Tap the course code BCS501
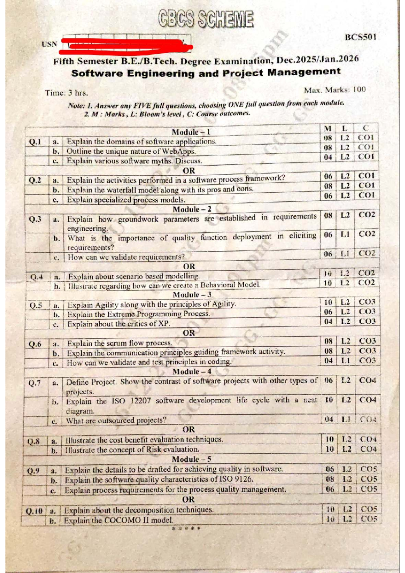coord(360,37)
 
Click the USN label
coord(50,44)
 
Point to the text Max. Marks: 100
coord(334,90)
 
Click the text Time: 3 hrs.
coord(66,93)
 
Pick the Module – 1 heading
coord(191,132)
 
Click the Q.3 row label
coord(35,219)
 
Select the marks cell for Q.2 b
coord(328,186)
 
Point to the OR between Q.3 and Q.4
coord(189,266)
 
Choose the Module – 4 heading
coord(192,372)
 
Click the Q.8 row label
coord(34,441)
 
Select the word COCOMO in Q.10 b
coord(122,520)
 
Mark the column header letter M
coord(327,128)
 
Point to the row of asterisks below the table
coord(186,529)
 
